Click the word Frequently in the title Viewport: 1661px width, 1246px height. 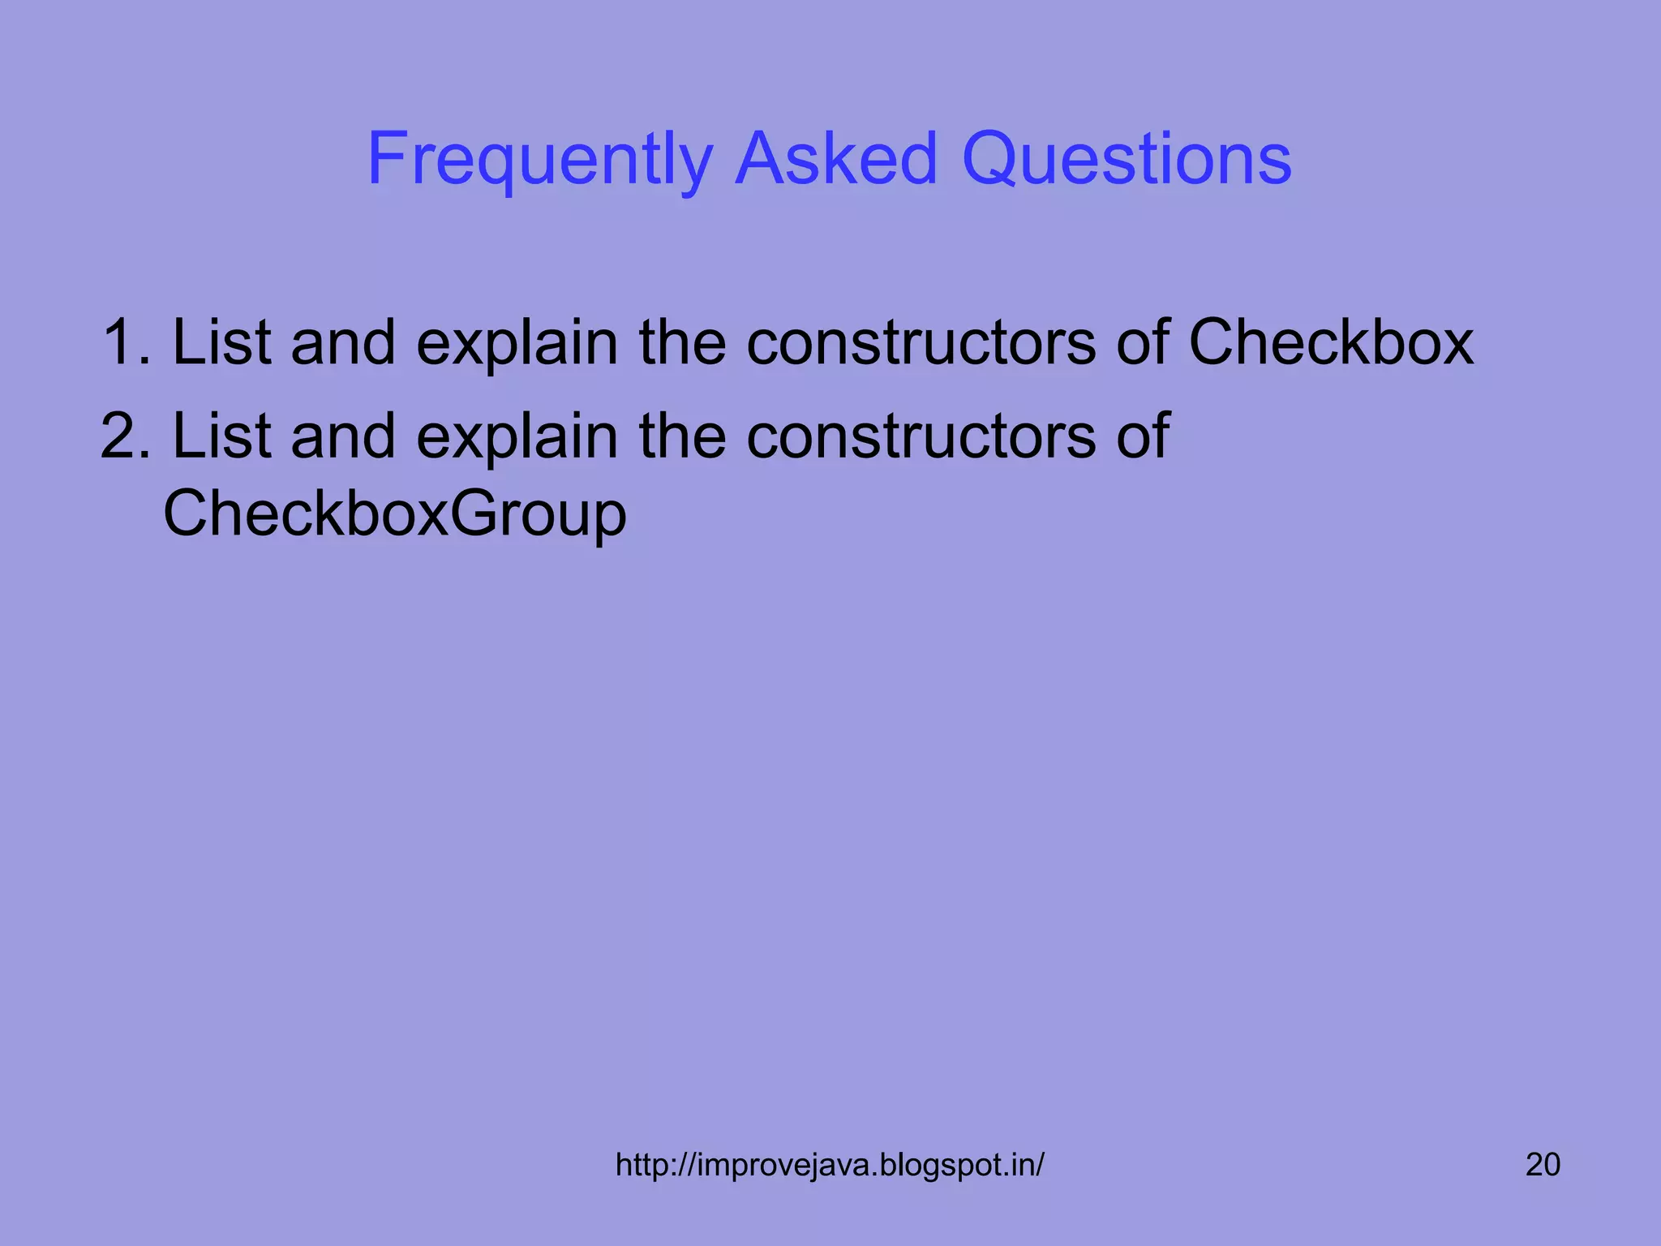click(x=539, y=160)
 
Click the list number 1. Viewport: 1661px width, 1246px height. click(x=123, y=343)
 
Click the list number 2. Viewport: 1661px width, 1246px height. click(x=123, y=436)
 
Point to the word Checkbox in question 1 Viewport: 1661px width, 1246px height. click(x=1330, y=343)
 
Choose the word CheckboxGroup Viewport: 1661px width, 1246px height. click(x=395, y=514)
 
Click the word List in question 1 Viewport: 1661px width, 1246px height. click(x=221, y=343)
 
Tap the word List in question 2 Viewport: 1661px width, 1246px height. click(x=221, y=436)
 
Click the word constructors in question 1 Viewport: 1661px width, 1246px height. click(x=921, y=343)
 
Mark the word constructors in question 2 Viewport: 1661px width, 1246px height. click(x=921, y=436)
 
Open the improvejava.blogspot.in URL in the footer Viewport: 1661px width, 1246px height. click(x=830, y=1165)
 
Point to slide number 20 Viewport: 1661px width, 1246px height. click(x=1543, y=1165)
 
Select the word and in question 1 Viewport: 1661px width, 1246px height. click(x=343, y=343)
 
